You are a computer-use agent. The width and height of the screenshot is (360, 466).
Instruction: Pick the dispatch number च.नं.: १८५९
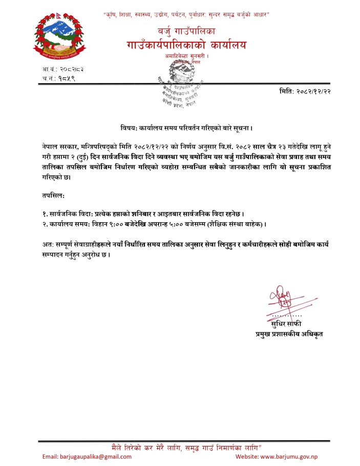[x=59, y=78]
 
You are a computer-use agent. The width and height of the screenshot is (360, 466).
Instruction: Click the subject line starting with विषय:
[x=186, y=126]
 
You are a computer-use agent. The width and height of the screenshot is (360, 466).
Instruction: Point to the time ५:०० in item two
[x=184, y=224]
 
